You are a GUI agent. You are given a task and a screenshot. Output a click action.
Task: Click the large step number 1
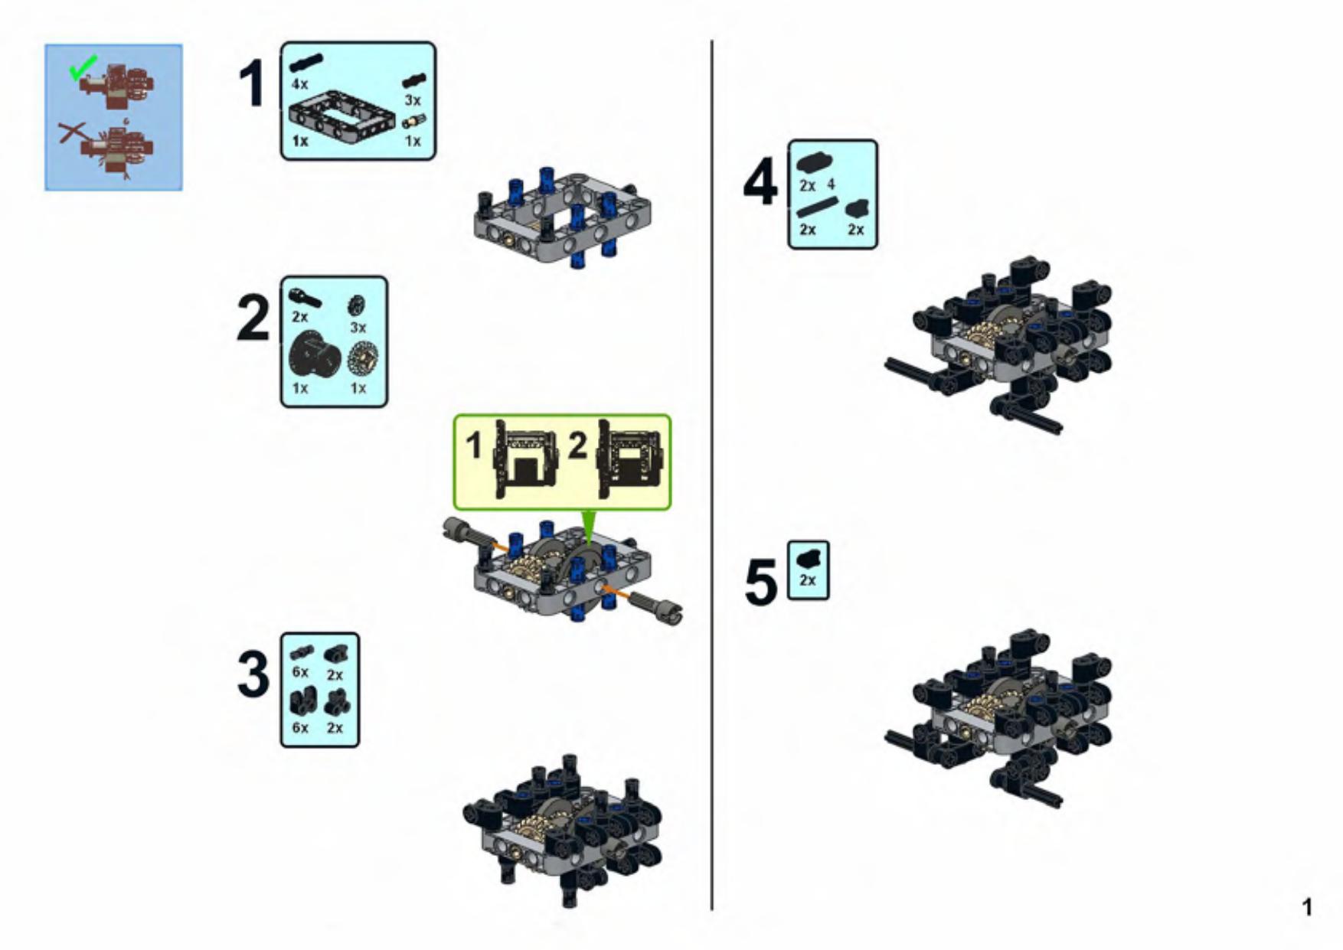coord(253,84)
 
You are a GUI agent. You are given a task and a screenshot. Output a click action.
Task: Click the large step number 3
coord(253,674)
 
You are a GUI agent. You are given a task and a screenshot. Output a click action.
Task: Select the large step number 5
coord(761,583)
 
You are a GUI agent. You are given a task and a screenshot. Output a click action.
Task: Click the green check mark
coord(83,67)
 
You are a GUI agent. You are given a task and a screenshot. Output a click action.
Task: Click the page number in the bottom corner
coord(1307,907)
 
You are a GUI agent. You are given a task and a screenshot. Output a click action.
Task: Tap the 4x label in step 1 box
coord(299,84)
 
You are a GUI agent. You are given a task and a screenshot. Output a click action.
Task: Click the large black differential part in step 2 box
coord(315,356)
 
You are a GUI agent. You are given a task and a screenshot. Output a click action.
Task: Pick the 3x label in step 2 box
coord(358,327)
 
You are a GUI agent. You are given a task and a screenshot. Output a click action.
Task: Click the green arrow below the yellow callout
coord(588,527)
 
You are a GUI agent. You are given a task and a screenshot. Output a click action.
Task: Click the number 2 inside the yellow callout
coord(578,446)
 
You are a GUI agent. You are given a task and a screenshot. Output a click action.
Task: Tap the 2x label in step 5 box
coord(808,580)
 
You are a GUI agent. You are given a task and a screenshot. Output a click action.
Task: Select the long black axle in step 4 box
coord(817,207)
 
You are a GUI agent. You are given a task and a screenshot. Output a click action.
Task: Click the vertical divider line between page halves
coord(711,475)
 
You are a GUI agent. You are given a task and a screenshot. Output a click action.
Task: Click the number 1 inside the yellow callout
coord(475,446)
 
